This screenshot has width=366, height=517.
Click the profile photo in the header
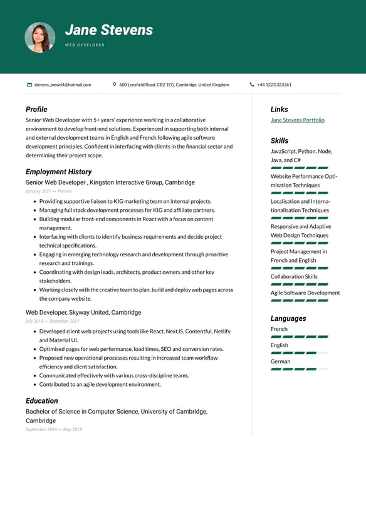tap(39, 38)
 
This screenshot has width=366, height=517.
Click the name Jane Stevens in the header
tap(109, 30)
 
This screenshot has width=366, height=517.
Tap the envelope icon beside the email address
tap(29, 85)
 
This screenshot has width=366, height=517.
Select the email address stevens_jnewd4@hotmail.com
tap(63, 85)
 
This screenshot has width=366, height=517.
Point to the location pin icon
tap(115, 85)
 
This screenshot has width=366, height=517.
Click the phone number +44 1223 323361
tap(274, 85)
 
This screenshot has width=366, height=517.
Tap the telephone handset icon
tap(252, 85)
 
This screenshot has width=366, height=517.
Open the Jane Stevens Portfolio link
tap(297, 120)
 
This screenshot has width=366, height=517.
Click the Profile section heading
tap(36, 109)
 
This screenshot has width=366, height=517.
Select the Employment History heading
tap(58, 172)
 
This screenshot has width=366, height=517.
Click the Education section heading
tap(41, 400)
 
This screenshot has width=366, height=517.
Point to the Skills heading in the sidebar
tap(280, 140)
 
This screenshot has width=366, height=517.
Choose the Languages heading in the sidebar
tap(288, 318)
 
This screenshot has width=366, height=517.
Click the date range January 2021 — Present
tap(48, 191)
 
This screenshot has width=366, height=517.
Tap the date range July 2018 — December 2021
tap(52, 321)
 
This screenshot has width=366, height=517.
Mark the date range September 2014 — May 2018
tap(53, 429)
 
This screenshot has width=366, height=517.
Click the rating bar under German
tap(299, 369)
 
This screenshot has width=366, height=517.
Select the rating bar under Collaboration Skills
tap(299, 285)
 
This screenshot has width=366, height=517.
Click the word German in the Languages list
tap(280, 362)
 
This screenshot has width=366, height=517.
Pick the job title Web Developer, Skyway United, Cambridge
tap(83, 312)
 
